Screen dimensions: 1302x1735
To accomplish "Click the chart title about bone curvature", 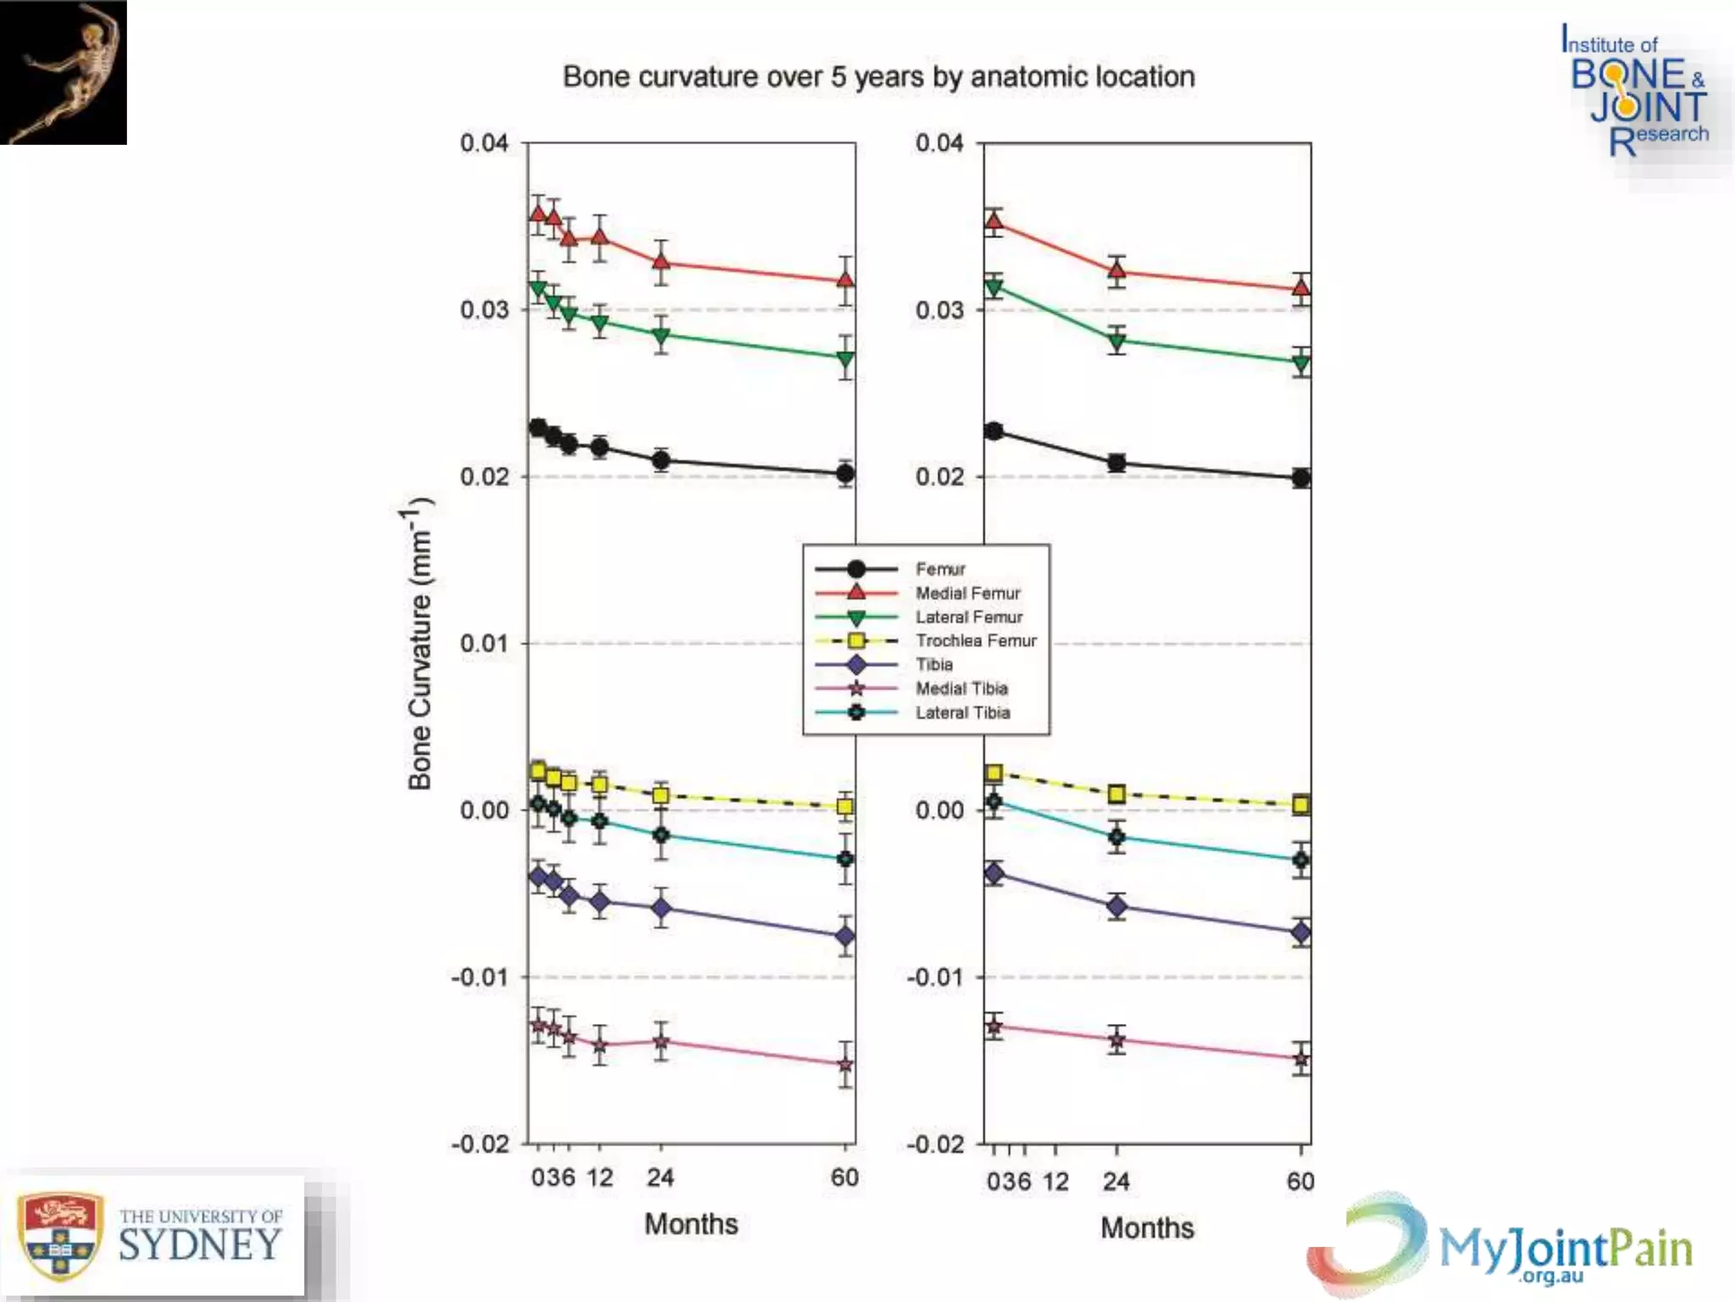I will (x=879, y=77).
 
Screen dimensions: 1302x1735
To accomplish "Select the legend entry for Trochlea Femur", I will (x=975, y=641).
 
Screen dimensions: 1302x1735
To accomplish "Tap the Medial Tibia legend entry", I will (x=961, y=688).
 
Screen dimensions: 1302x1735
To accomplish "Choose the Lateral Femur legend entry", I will (x=968, y=617).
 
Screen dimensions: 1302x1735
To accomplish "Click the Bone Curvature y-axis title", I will (x=420, y=644).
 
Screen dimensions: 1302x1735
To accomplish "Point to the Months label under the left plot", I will (x=690, y=1223).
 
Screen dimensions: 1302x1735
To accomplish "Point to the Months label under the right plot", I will (x=1147, y=1227).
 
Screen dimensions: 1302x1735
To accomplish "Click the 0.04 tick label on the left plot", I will (x=484, y=143).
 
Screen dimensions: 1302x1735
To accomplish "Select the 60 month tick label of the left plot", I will (x=845, y=1177).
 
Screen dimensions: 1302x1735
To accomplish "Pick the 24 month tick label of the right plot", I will (x=1117, y=1182).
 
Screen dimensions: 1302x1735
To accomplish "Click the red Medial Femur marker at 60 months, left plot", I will (x=845, y=279).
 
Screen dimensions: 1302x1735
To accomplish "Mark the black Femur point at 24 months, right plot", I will (x=1117, y=463).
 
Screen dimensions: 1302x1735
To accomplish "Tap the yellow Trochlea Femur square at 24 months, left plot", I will (x=661, y=795).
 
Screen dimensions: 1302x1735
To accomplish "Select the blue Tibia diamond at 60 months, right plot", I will (x=1301, y=932).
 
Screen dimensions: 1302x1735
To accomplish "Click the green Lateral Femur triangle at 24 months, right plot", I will (x=1117, y=342).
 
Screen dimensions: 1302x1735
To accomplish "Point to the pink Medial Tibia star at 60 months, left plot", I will (x=845, y=1065).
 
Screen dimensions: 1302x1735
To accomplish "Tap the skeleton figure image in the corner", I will (x=64, y=72).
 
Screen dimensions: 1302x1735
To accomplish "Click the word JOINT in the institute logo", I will (x=1648, y=107).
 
